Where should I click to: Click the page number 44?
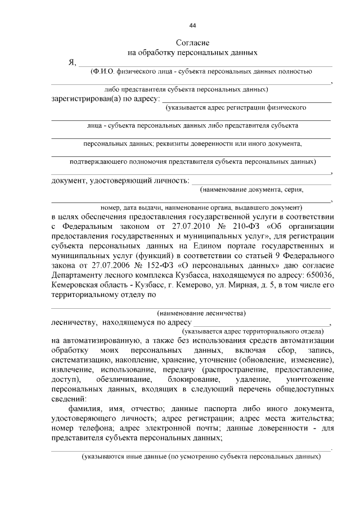point(192,26)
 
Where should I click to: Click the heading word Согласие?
point(192,43)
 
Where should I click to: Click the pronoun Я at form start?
point(71,63)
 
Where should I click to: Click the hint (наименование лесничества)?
point(201,313)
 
